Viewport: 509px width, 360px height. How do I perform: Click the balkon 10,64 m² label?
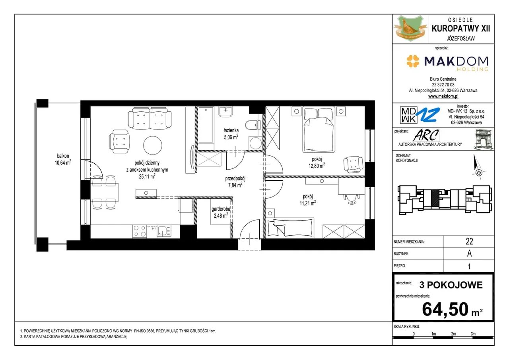click(x=63, y=159)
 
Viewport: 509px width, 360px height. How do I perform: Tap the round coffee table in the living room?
click(x=153, y=145)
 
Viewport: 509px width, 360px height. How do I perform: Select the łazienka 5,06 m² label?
click(x=231, y=134)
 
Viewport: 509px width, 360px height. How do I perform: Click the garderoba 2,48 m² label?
click(x=221, y=212)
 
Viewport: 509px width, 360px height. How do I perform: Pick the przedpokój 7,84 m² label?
click(x=235, y=182)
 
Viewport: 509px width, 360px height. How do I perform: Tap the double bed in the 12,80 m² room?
click(x=319, y=130)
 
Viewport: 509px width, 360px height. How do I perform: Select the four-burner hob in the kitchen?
click(x=140, y=231)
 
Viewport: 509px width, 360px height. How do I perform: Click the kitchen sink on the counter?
click(x=164, y=231)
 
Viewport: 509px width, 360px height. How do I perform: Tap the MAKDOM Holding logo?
click(x=447, y=62)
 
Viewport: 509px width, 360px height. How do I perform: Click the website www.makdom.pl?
click(x=443, y=96)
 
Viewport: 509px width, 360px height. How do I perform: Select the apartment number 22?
click(x=469, y=241)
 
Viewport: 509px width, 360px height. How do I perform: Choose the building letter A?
click(x=469, y=254)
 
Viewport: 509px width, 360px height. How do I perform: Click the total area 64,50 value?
click(x=445, y=309)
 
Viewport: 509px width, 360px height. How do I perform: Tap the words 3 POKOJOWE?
click(x=451, y=285)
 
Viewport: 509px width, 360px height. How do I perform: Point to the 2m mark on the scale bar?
click(x=453, y=334)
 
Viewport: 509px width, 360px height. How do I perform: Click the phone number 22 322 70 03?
click(x=443, y=85)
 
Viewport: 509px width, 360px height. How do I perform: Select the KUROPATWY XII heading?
click(x=461, y=29)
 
